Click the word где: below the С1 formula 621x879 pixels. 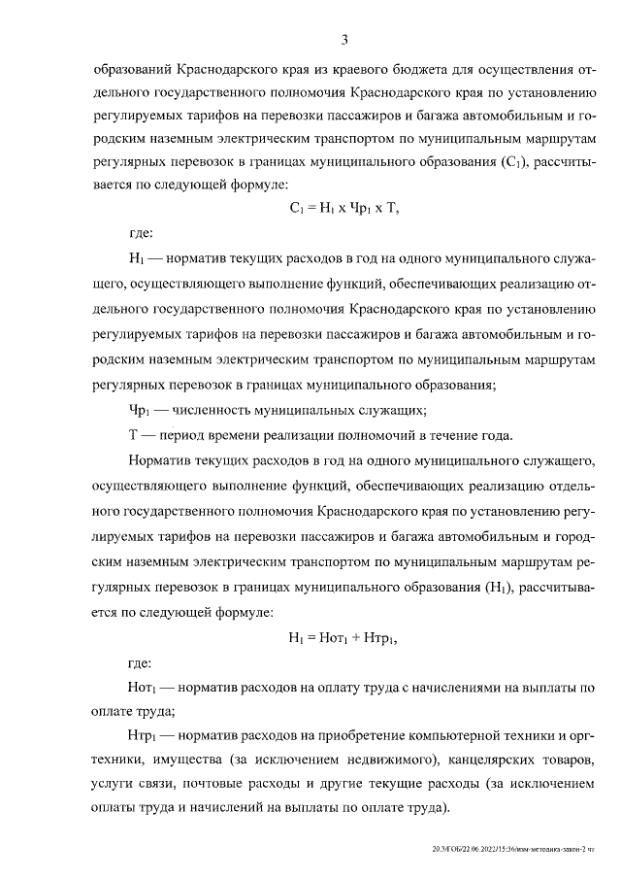(x=141, y=233)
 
